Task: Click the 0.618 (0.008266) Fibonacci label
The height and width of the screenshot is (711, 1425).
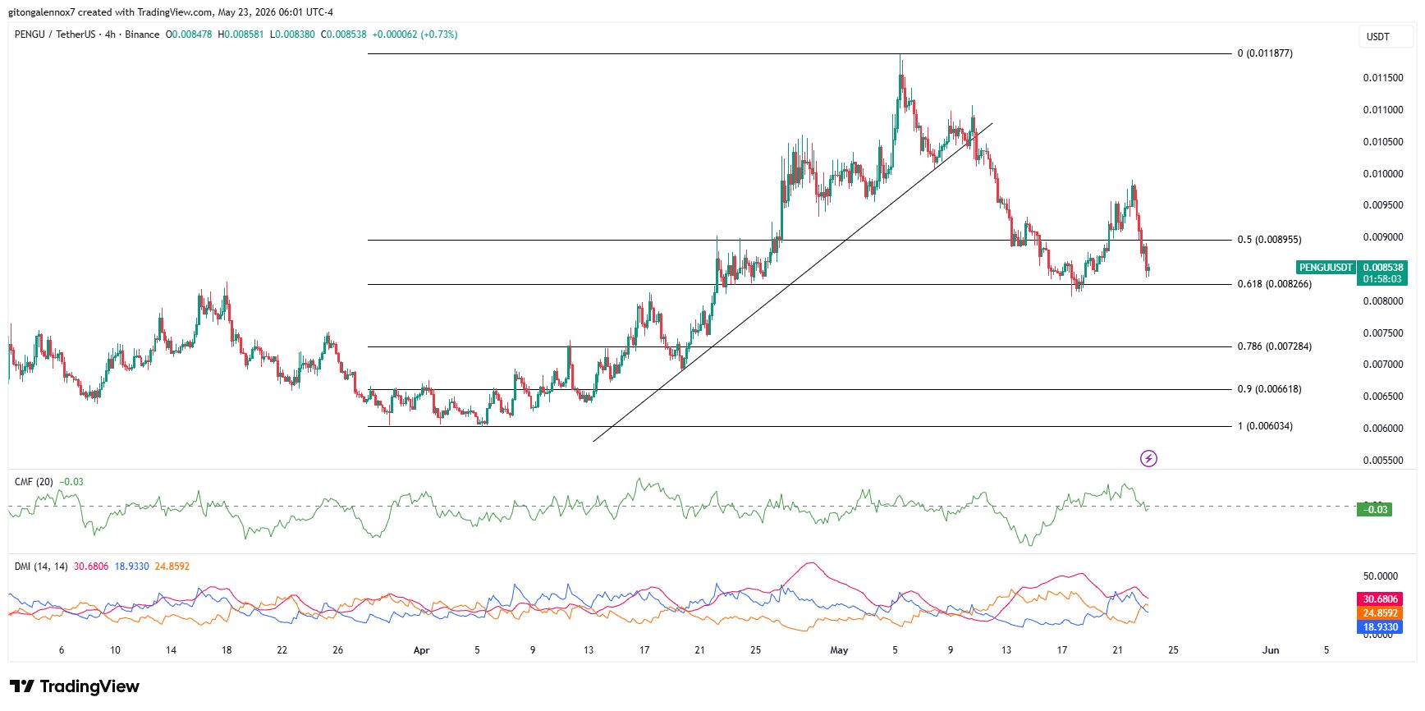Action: [x=1274, y=284]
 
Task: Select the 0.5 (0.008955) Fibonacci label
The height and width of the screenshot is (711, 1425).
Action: [x=1269, y=240]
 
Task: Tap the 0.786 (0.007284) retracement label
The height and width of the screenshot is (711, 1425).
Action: [x=1274, y=346]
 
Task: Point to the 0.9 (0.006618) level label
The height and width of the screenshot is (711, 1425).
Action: [x=1269, y=389]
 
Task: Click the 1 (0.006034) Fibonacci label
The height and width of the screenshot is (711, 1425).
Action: [x=1265, y=426]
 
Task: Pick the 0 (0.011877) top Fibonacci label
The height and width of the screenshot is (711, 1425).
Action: [x=1265, y=53]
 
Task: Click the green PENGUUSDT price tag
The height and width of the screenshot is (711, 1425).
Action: [x=1326, y=268]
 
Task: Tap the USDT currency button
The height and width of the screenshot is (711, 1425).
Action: [x=1378, y=37]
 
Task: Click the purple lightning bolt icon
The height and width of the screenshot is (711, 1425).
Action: [x=1149, y=458]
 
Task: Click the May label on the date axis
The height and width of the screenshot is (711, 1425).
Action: [x=839, y=650]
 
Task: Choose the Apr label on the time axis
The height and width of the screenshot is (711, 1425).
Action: [x=421, y=650]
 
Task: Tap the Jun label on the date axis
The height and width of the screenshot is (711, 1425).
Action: [x=1271, y=650]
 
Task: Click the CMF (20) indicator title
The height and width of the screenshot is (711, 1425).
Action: [x=34, y=482]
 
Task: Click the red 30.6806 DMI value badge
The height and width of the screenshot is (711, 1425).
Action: [x=1381, y=599]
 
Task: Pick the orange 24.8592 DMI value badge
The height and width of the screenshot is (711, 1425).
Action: [x=1381, y=613]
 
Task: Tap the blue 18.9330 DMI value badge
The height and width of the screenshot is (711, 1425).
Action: [x=1381, y=627]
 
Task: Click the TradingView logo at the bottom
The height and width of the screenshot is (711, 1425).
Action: [x=75, y=686]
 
